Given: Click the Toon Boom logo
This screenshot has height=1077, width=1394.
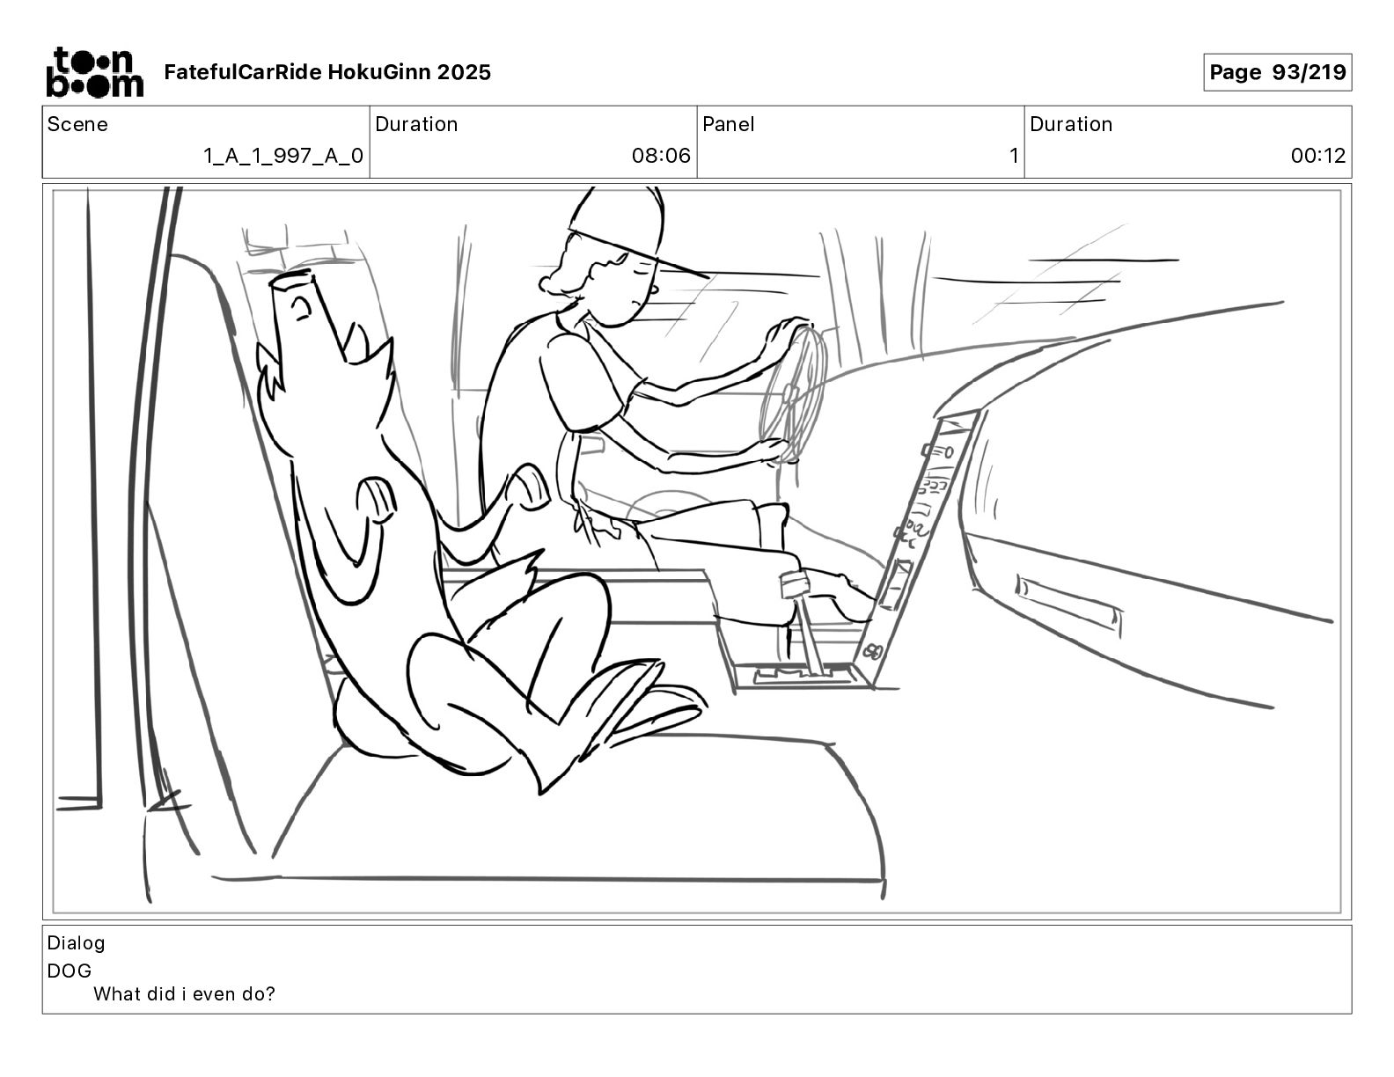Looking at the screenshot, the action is [x=93, y=72].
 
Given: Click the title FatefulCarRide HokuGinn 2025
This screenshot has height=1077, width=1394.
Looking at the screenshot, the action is [x=327, y=72].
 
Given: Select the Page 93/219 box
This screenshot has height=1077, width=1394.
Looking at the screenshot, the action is [x=1277, y=72].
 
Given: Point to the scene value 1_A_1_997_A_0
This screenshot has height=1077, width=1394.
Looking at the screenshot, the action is [x=282, y=156].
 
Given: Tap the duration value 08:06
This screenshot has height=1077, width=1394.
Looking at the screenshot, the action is [x=661, y=156].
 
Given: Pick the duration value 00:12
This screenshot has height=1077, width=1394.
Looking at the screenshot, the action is [x=1317, y=156].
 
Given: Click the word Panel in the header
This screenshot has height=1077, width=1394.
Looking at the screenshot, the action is [x=729, y=124].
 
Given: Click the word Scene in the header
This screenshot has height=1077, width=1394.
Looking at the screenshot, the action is [x=77, y=124].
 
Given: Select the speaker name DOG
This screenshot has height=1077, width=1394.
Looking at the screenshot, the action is [x=70, y=971].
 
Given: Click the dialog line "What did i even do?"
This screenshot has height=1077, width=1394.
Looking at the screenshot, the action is [x=184, y=994].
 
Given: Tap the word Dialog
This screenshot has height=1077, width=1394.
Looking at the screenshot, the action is [x=76, y=943].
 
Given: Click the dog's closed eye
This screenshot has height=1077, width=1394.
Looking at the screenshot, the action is [x=302, y=307].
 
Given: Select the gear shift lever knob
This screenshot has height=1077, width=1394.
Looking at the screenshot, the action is [x=795, y=583].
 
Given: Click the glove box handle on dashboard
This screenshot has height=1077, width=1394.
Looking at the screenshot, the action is [x=1068, y=603].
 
